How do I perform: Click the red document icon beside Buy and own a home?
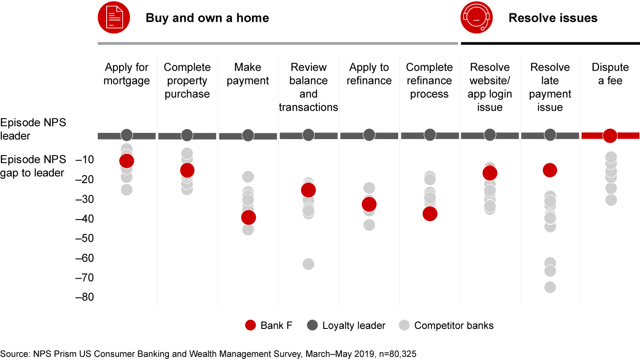[114, 17]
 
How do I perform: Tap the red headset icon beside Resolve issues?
[476, 17]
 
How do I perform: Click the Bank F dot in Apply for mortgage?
[127, 161]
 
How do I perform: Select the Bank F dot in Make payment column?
[248, 217]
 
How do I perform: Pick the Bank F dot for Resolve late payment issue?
[550, 170]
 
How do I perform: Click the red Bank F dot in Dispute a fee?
[610, 136]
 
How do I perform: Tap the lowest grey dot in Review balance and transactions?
[308, 264]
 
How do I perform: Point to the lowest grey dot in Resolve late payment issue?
[550, 287]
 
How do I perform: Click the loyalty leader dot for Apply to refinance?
[369, 135]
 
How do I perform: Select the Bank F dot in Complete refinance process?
[430, 214]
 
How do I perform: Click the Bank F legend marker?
[251, 325]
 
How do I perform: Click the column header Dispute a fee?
[610, 74]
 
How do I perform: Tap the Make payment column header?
[248, 74]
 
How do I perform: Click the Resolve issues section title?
[553, 18]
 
